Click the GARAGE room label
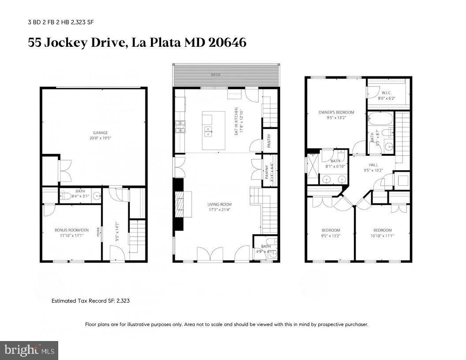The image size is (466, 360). pyautogui.click(x=100, y=132)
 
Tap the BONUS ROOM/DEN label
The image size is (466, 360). pyautogui.click(x=69, y=230)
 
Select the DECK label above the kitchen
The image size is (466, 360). pyautogui.click(x=215, y=75)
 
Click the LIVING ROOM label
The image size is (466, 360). pyautogui.click(x=219, y=204)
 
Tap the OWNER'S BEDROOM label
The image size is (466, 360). pyautogui.click(x=336, y=112)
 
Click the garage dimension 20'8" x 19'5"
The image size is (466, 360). pyautogui.click(x=100, y=138)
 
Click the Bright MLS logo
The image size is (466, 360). pyautogui.click(x=29, y=350)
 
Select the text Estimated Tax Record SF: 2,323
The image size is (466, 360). pyautogui.click(x=90, y=301)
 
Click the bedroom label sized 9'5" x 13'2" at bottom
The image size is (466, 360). pyautogui.click(x=330, y=230)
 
